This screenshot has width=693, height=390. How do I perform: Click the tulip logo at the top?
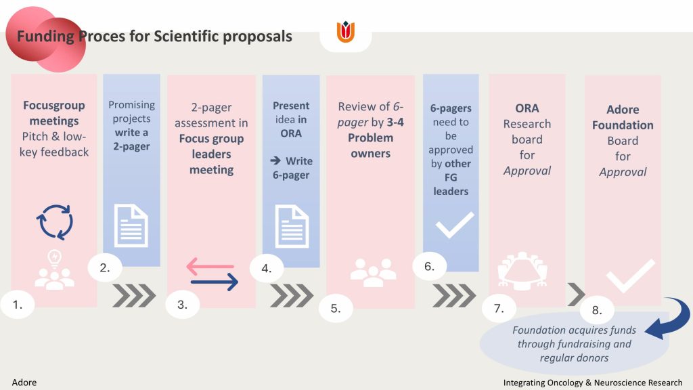pyautogui.click(x=346, y=32)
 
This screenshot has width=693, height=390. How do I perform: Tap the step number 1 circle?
pyautogui.click(x=18, y=304)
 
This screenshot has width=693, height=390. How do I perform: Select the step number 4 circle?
pyautogui.click(x=267, y=268)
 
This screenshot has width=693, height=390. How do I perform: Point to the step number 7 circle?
pyautogui.click(x=499, y=308)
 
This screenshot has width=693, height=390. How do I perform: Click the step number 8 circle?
pyautogui.click(x=597, y=310)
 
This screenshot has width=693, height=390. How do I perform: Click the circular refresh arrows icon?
pyautogui.click(x=55, y=222)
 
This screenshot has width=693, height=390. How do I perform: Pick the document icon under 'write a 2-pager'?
pyautogui.click(x=131, y=225)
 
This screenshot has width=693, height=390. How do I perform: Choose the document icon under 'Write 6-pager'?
pyautogui.click(x=292, y=226)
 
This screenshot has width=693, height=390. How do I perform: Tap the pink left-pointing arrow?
pyautogui.click(x=210, y=266)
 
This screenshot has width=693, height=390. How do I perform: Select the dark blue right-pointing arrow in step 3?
pyautogui.click(x=215, y=282)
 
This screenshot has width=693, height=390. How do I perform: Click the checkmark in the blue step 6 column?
pyautogui.click(x=455, y=225)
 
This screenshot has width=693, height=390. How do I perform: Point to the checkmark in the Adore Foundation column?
pyautogui.click(x=631, y=276)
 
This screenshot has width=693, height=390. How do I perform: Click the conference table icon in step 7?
pyautogui.click(x=522, y=271)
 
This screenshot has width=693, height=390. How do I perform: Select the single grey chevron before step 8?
pyautogui.click(x=577, y=295)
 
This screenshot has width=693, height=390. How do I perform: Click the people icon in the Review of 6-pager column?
pyautogui.click(x=374, y=272)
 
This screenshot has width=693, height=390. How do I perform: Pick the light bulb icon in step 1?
pyautogui.click(x=54, y=259)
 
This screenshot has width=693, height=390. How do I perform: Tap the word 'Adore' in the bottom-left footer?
pyautogui.click(x=24, y=383)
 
